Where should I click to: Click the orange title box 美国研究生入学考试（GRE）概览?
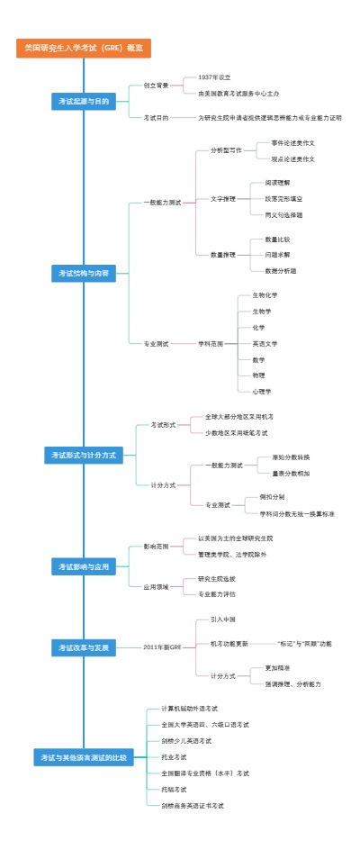(83, 48)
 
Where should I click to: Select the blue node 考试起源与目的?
(83, 102)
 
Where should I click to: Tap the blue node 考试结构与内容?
(83, 273)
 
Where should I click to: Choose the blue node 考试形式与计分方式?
(83, 456)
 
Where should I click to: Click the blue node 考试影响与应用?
(83, 566)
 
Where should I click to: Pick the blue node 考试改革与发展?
(83, 647)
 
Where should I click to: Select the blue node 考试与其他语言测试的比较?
(83, 757)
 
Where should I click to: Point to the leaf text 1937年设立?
(214, 77)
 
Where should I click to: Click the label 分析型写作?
(226, 150)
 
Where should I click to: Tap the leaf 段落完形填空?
(283, 198)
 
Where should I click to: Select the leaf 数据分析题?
(280, 270)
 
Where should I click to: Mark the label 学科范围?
(211, 343)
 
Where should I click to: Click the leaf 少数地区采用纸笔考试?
(236, 433)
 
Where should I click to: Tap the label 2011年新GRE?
(162, 647)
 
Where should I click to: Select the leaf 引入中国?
(222, 619)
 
